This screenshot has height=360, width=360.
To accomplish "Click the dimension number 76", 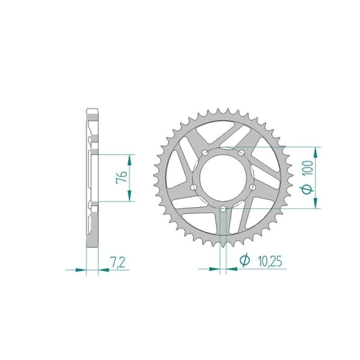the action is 122,177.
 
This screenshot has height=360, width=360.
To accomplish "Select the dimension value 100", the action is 309,168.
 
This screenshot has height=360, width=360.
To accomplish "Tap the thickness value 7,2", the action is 118,262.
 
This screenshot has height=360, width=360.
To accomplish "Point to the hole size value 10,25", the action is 270,261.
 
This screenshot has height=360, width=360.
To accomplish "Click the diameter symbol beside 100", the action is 307,189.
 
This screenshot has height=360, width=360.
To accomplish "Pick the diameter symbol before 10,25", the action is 245,260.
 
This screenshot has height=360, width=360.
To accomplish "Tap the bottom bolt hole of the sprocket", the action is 223,209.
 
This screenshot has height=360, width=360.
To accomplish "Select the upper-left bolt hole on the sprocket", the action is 205,153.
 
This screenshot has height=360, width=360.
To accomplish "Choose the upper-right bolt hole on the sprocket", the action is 241,153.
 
